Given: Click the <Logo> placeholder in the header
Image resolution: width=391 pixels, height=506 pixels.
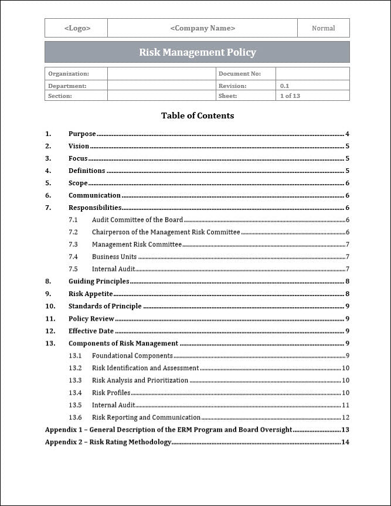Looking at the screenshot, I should click(x=77, y=28).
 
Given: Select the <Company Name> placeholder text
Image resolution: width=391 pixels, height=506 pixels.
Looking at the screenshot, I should click(x=202, y=28).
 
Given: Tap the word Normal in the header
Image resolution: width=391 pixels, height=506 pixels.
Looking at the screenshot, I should click(x=323, y=28).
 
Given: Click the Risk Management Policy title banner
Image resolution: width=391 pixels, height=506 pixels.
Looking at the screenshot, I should click(x=197, y=52).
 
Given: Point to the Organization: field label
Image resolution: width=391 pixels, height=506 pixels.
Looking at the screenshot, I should click(x=69, y=74).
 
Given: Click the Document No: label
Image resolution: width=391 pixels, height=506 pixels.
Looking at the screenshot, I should click(x=239, y=74).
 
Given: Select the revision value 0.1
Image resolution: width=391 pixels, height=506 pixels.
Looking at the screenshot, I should click(x=284, y=86).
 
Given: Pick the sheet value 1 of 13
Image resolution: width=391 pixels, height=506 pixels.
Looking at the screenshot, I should click(x=290, y=96).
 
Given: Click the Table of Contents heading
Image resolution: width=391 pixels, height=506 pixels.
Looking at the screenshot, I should click(x=198, y=116).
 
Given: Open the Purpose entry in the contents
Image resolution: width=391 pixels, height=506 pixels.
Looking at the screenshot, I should click(x=82, y=134).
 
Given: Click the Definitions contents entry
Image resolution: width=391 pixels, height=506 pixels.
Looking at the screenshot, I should click(x=87, y=171).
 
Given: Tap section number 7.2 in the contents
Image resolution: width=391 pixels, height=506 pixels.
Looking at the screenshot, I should click(x=73, y=232).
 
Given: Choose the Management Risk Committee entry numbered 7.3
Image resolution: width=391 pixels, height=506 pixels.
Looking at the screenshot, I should click(x=137, y=244).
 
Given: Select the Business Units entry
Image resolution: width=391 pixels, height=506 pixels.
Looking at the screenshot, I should click(x=114, y=257).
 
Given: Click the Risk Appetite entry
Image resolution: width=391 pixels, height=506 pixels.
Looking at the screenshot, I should click(x=91, y=294).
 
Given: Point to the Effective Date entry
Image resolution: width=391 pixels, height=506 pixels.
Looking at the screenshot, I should click(x=91, y=331).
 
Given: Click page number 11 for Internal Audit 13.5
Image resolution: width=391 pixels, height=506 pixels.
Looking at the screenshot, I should click(x=345, y=405).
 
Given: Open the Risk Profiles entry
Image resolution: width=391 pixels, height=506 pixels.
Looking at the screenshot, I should click(x=111, y=393).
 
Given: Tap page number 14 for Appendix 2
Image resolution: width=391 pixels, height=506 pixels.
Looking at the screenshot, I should click(x=345, y=442).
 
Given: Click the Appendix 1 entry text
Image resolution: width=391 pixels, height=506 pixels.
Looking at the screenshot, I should click(x=168, y=430).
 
